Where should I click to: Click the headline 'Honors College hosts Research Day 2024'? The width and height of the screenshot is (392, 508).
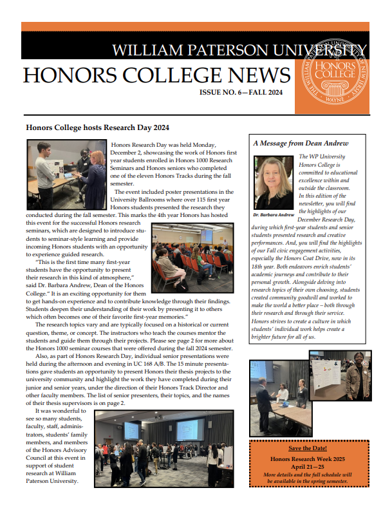(97, 128)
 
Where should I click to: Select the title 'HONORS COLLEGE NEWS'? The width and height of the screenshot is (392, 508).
(156, 75)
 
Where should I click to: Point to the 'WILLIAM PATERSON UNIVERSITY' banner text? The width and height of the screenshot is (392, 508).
(239, 50)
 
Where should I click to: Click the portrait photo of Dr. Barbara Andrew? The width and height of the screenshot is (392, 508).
(275, 182)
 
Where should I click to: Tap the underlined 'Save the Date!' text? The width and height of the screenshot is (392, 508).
(308, 447)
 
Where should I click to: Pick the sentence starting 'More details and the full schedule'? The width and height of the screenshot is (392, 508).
(308, 474)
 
